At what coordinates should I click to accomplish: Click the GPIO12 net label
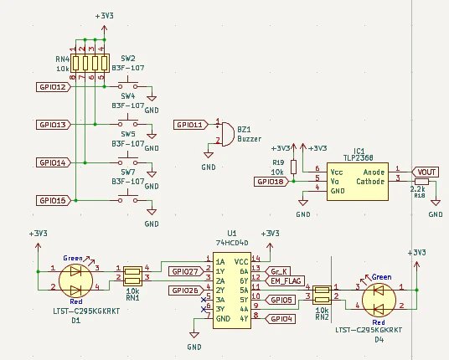54,87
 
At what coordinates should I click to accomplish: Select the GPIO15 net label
54,200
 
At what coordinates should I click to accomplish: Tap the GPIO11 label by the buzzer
191,125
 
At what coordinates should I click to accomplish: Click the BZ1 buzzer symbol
227,134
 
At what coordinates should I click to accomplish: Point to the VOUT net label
425,172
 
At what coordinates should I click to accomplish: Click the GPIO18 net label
271,182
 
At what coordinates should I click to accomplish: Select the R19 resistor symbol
293,167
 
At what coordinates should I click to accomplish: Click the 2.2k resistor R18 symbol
421,182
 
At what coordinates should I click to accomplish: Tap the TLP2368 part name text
359,158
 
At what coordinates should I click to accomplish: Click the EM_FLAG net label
285,280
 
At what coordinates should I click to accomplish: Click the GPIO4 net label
281,318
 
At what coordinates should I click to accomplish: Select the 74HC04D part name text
232,243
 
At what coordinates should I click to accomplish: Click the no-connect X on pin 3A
204,300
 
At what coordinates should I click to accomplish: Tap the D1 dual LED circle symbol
75,281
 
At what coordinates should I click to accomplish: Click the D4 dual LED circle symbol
379,300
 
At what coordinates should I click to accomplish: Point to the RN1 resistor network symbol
133,276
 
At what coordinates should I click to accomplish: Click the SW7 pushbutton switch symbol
127,198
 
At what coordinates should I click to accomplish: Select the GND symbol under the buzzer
209,155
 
